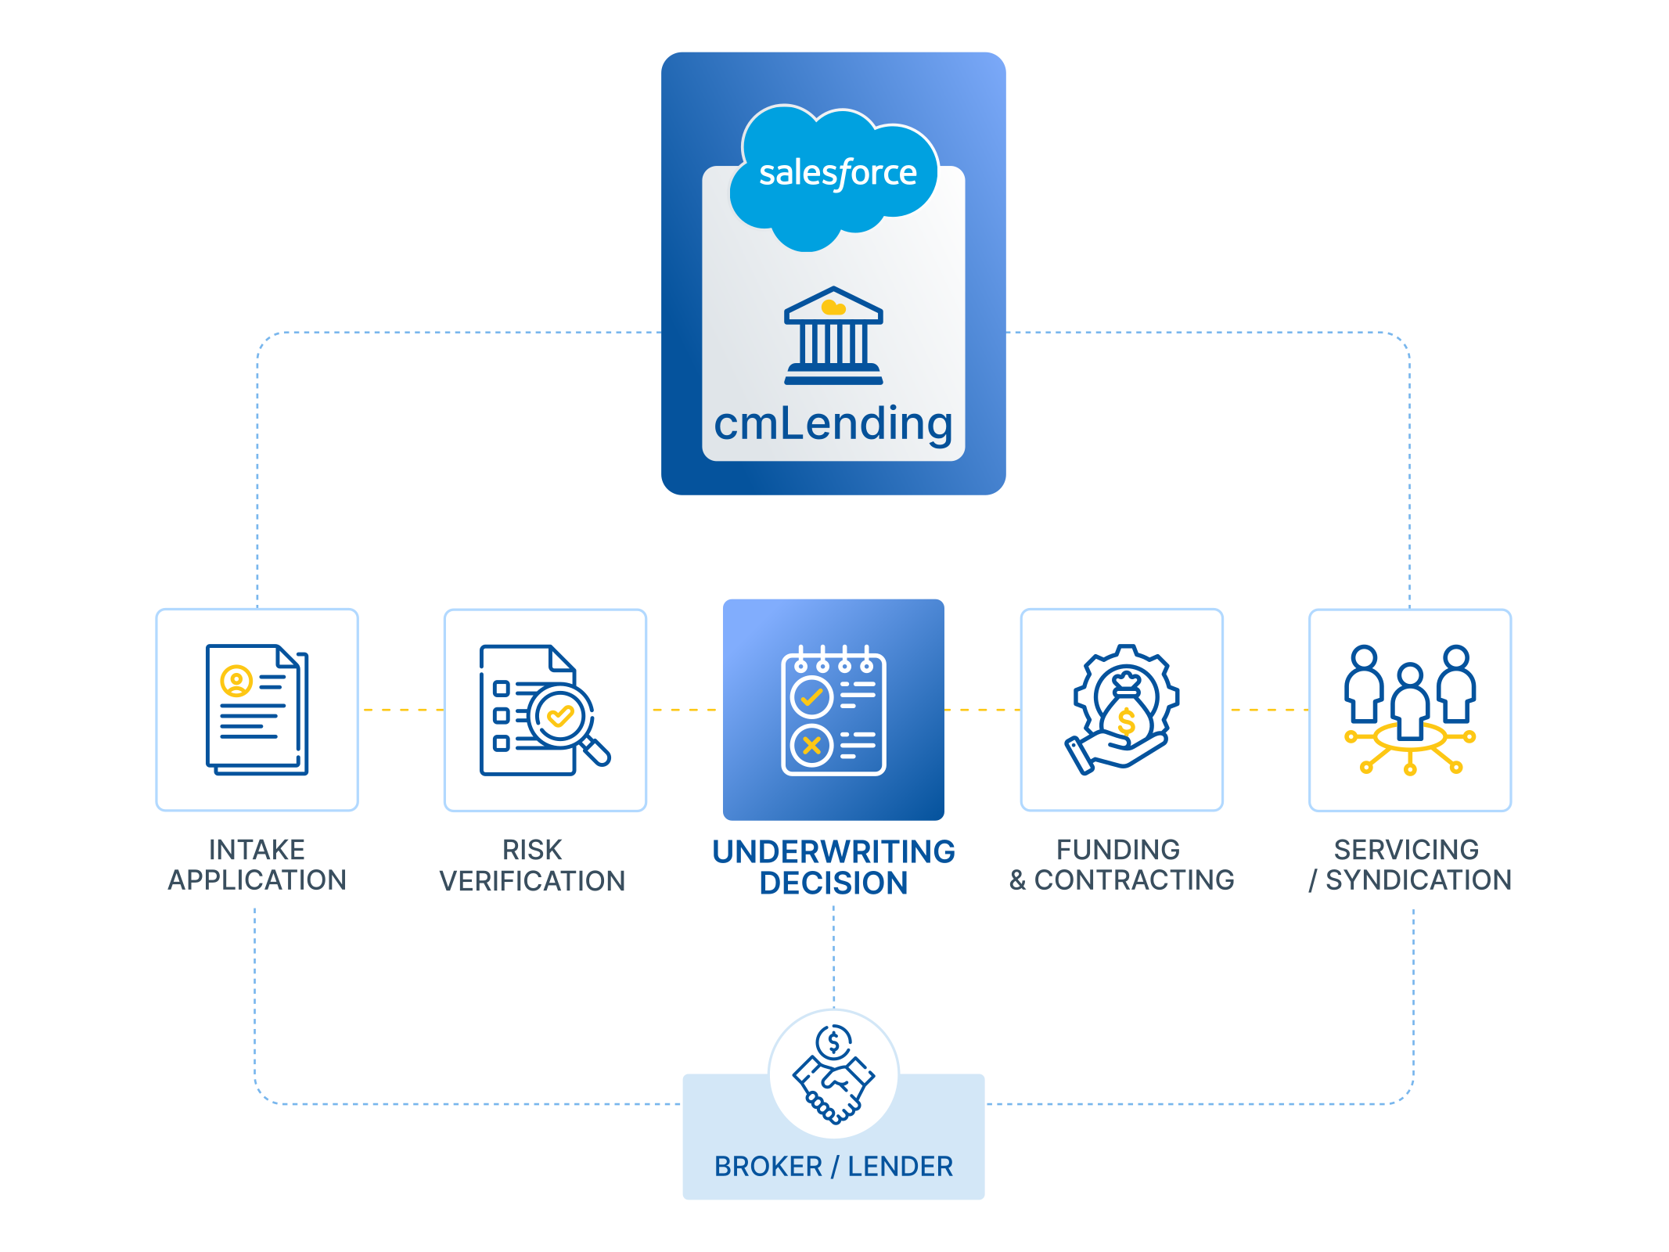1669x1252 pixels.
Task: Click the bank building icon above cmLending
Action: pyautogui.click(x=833, y=336)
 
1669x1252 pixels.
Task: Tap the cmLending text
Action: pyautogui.click(x=833, y=423)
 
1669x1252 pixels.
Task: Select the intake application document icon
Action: pyautogui.click(x=257, y=709)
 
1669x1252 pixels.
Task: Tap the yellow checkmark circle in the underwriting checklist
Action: pyautogui.click(x=811, y=696)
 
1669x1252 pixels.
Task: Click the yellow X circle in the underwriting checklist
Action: pyautogui.click(x=811, y=745)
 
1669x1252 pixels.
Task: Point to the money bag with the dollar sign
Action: pyautogui.click(x=1126, y=709)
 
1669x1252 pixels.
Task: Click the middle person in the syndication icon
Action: pyautogui.click(x=1410, y=700)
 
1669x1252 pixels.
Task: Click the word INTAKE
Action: pyautogui.click(x=257, y=850)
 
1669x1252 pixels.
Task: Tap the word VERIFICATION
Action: pyautogui.click(x=532, y=881)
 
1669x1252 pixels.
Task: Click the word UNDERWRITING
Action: pyautogui.click(x=833, y=851)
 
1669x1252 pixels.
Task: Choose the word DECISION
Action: pyautogui.click(x=833, y=883)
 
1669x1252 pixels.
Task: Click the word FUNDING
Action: pyautogui.click(x=1118, y=850)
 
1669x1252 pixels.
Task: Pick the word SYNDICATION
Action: pyautogui.click(x=1419, y=880)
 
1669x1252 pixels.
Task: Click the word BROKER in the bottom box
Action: pyautogui.click(x=768, y=1167)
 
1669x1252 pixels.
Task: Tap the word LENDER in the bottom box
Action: pyautogui.click(x=901, y=1167)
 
